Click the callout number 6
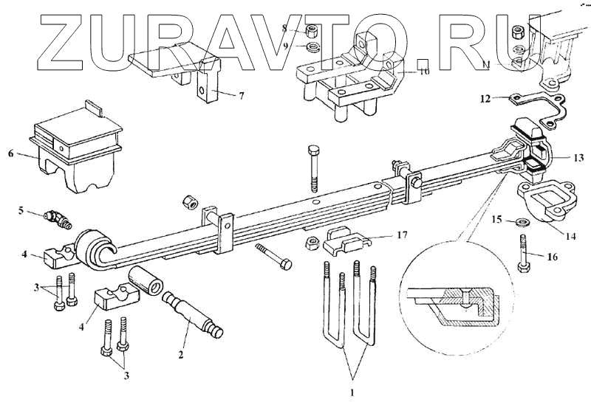coord(10,153)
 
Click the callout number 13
coord(578,156)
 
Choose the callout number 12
coord(484,97)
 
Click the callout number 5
coord(22,211)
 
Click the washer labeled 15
coord(520,221)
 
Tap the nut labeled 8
coord(312,31)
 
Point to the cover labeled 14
coord(542,202)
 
